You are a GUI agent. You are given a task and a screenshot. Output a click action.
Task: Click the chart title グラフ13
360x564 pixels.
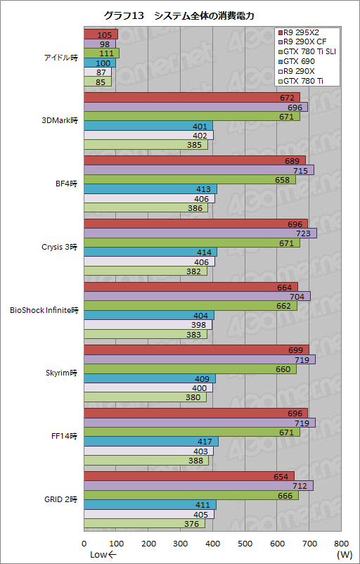pyautogui.click(x=124, y=15)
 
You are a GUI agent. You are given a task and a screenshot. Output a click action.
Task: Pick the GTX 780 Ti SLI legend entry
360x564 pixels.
pyautogui.click(x=307, y=52)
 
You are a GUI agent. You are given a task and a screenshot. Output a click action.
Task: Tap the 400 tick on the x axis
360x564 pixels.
pyautogui.click(x=212, y=543)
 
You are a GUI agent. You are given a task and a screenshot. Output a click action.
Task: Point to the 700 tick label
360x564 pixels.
pyautogui.click(x=309, y=543)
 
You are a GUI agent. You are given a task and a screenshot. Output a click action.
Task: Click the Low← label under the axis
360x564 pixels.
pyautogui.click(x=103, y=554)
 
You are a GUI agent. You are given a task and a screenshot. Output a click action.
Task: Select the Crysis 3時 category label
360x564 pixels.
pyautogui.click(x=60, y=248)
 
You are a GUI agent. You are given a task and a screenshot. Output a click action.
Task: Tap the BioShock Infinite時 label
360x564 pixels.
pyautogui.click(x=44, y=310)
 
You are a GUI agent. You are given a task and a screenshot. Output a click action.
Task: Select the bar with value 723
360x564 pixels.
pyautogui.click(x=200, y=233)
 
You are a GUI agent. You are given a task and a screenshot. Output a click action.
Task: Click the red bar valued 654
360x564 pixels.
pyautogui.click(x=189, y=477)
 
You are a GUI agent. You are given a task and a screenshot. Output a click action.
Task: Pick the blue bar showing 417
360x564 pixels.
pyautogui.click(x=151, y=442)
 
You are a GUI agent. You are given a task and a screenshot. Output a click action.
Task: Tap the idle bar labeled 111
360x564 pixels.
pyautogui.click(x=101, y=53)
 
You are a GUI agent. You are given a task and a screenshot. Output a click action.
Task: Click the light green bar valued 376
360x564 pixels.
pyautogui.click(x=145, y=524)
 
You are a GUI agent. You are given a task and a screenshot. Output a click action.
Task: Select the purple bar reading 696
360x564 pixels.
pyautogui.click(x=196, y=107)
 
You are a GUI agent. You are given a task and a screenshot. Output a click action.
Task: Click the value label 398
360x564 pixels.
pyautogui.click(x=199, y=325)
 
